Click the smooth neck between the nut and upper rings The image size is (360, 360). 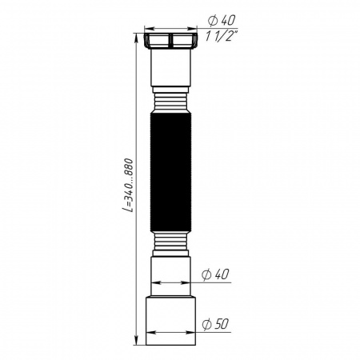click(x=171, y=70)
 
